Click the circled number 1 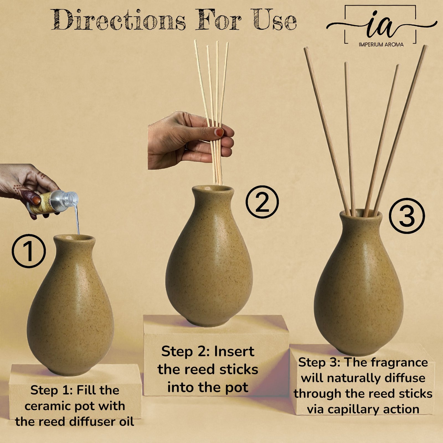coord(29,251)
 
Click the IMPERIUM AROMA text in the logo coord(381,44)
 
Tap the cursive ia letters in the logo coord(381,24)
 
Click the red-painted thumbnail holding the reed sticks coord(220,132)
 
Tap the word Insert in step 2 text coord(234,352)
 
